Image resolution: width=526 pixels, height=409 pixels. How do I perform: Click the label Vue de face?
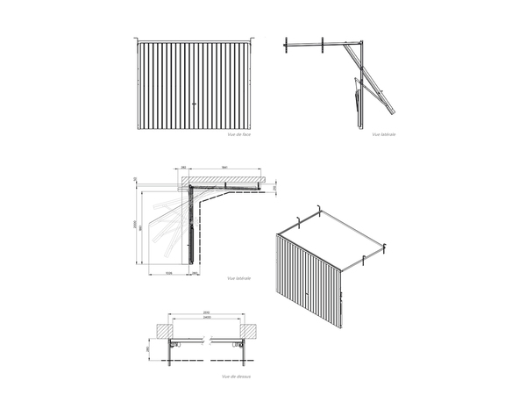click(x=238, y=134)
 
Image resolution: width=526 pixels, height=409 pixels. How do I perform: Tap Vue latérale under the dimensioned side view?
click(x=238, y=278)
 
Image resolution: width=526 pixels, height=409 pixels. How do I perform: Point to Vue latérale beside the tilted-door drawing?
click(x=384, y=134)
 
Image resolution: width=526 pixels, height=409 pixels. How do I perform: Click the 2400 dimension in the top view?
click(x=205, y=318)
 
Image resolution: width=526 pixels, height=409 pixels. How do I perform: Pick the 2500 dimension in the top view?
click(x=205, y=312)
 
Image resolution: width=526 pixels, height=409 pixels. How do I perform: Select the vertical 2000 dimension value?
click(x=134, y=224)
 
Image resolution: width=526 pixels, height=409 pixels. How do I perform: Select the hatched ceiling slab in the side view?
click(x=225, y=180)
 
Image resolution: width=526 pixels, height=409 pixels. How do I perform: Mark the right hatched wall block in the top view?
click(x=251, y=328)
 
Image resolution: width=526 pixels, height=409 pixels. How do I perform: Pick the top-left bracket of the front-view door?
click(x=138, y=39)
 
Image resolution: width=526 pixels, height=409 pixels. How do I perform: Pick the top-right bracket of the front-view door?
click(x=252, y=39)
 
